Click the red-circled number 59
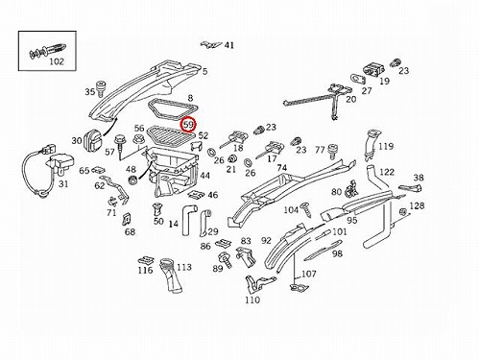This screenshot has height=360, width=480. pos(189,125)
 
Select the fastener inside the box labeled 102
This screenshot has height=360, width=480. pos(48,51)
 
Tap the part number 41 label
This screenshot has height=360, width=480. pos(229,45)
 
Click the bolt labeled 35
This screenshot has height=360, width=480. pos(102,87)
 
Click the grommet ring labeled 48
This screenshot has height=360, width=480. pos(132,180)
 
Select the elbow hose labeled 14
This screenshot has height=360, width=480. pos(187,221)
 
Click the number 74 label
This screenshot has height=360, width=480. pos(282,168)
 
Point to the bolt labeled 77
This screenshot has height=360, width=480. pos(333,152)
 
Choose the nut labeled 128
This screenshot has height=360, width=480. pos(403,212)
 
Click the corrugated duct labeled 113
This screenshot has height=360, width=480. pos(171,275)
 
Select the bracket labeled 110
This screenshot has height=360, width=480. pos(257,284)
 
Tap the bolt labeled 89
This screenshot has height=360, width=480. pos(226,260)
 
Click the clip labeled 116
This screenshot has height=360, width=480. pos(146,261)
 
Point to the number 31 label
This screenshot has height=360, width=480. pos(63,184)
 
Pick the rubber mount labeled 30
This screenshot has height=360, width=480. pos(93,139)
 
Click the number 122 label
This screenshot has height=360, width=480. pos(387,172)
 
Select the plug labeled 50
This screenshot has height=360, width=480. pos(157,208)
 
